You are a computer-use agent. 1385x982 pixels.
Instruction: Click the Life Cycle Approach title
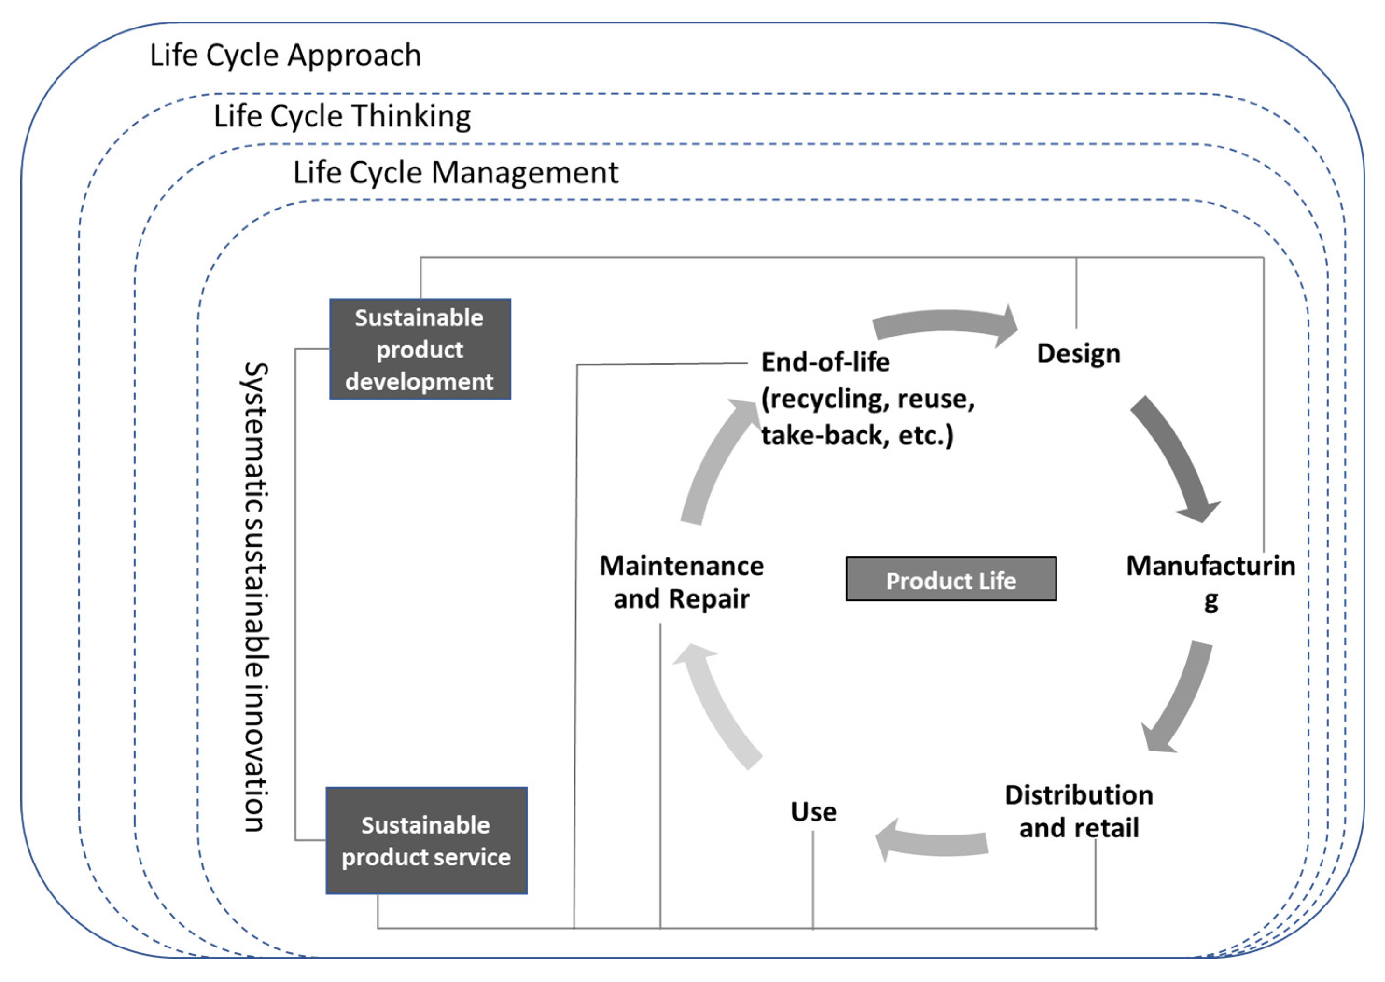pos(285,56)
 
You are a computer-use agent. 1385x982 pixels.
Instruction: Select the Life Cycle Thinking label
pos(342,116)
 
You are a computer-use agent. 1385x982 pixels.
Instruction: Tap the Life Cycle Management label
pos(455,173)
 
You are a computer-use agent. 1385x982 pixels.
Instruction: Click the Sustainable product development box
pos(420,350)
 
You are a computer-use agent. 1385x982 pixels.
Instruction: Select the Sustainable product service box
pos(426,841)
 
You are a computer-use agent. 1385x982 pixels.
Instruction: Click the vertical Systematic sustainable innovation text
pos(255,597)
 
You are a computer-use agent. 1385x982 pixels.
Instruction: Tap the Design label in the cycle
pos(1078,354)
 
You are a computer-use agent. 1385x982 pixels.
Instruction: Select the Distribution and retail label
pos(1078,812)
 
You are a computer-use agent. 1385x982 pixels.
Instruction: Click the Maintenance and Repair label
pos(681,582)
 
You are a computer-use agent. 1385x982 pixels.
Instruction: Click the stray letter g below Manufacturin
pos(1210,602)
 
